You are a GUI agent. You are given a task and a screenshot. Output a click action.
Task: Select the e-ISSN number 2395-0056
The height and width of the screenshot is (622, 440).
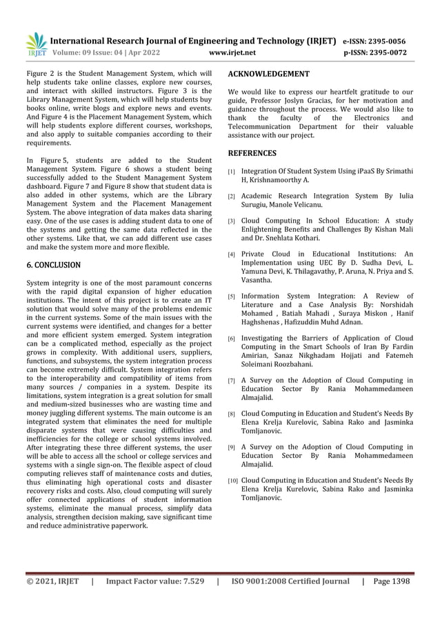coord(392,41)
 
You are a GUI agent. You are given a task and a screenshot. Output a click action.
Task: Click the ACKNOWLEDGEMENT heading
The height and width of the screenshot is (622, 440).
coord(268,74)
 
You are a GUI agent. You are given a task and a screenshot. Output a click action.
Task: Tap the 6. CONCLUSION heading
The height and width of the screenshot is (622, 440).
coord(54,265)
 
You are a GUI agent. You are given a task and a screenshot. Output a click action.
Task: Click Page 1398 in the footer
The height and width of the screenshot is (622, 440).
coord(390,581)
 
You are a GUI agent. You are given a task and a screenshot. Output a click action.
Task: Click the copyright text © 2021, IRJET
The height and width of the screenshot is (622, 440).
coord(52,581)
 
